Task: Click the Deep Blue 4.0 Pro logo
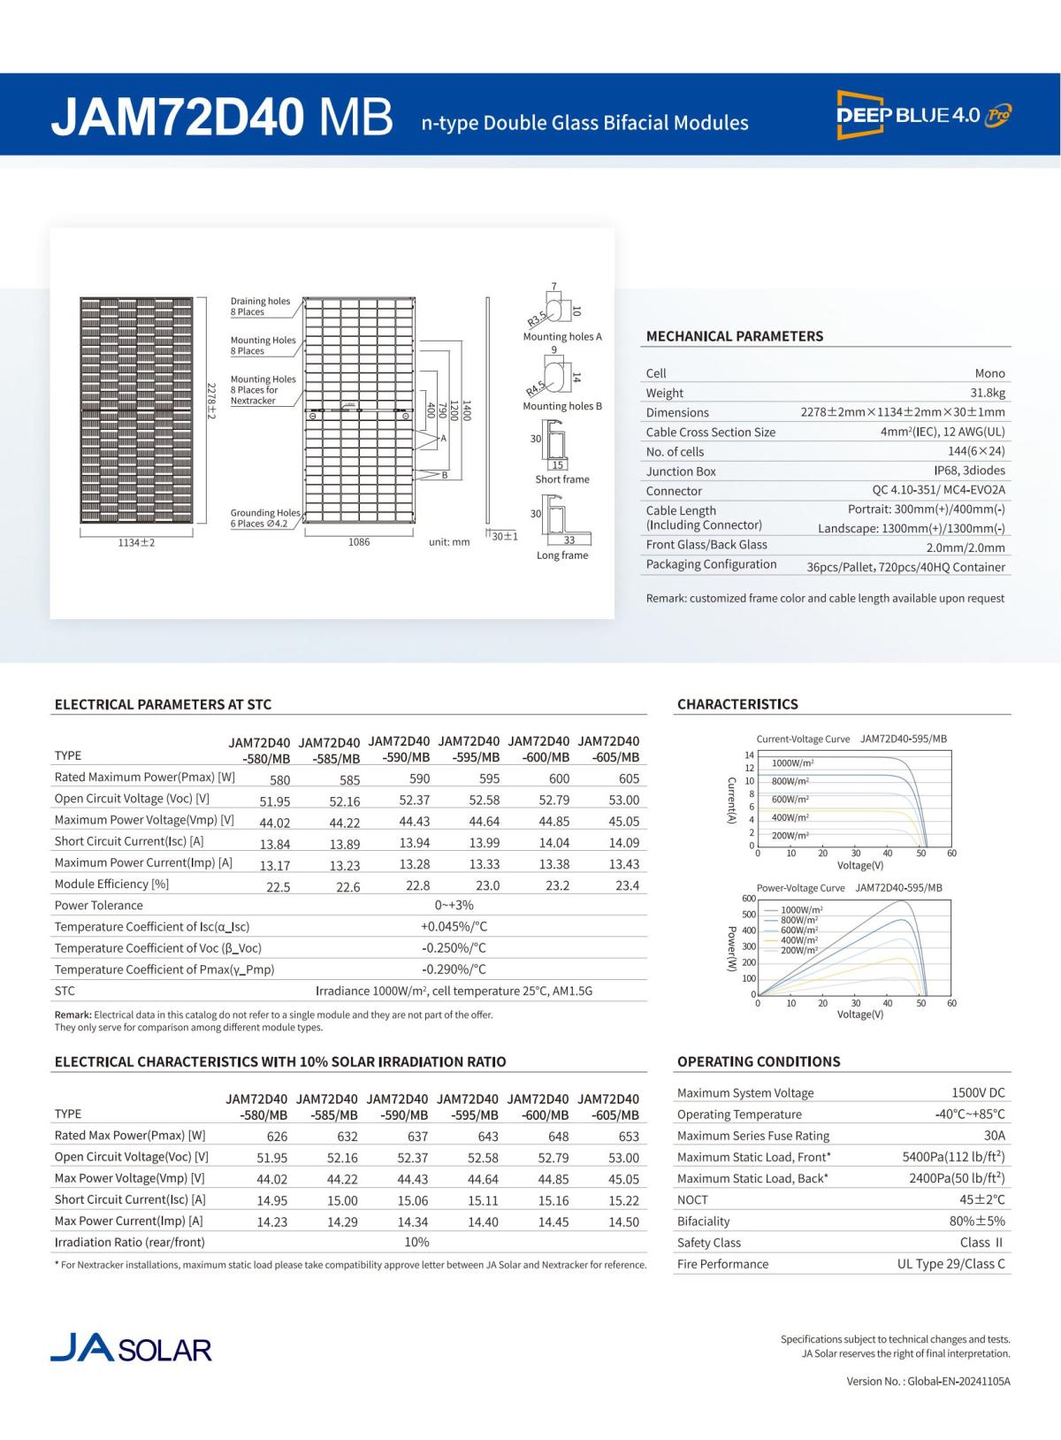tap(923, 114)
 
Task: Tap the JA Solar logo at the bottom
tap(131, 1348)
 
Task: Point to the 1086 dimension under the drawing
tap(358, 542)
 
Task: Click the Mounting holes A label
tap(562, 337)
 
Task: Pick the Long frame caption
tap(561, 555)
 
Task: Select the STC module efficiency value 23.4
tap(627, 885)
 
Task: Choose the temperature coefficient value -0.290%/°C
tap(454, 969)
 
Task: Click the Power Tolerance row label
tap(98, 906)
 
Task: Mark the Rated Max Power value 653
tap(628, 1137)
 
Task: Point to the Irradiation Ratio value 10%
tap(416, 1243)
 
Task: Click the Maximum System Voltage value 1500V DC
tap(978, 1093)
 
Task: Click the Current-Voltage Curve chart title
tap(803, 739)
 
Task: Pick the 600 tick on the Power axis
tap(748, 899)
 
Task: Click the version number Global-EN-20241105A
tap(960, 1381)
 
